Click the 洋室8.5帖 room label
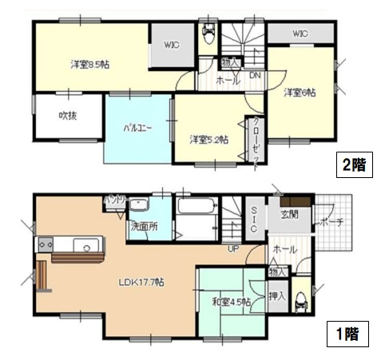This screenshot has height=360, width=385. click(x=89, y=64)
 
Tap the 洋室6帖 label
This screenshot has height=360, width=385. click(x=299, y=93)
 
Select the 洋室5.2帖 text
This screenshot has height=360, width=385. click(x=208, y=139)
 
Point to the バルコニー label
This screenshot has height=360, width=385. click(x=137, y=128)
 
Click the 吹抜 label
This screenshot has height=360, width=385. click(x=67, y=117)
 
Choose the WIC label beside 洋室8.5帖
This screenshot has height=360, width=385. click(x=170, y=45)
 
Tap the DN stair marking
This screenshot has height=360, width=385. click(x=255, y=76)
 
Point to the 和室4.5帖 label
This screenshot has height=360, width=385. click(x=232, y=303)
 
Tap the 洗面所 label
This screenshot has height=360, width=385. click(x=145, y=226)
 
